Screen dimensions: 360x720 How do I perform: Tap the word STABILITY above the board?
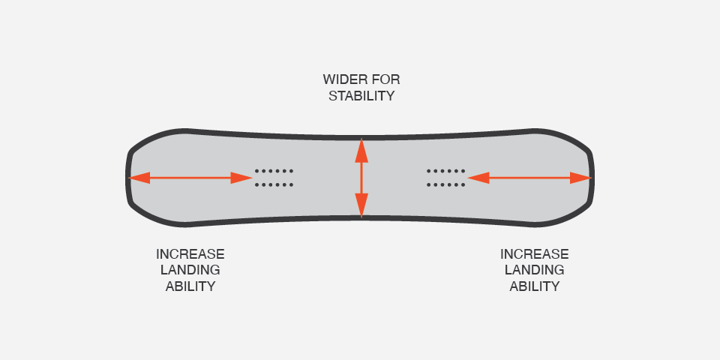click(x=361, y=96)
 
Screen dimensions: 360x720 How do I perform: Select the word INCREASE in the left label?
click(x=190, y=254)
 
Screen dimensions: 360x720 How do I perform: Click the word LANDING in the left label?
click(x=190, y=270)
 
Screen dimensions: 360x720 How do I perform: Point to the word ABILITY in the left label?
click(x=190, y=286)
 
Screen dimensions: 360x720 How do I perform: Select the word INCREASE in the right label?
click(x=535, y=254)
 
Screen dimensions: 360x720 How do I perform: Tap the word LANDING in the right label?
click(x=535, y=270)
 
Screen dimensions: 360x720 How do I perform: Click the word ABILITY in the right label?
click(x=535, y=286)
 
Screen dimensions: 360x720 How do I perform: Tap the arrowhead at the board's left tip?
click(x=139, y=178)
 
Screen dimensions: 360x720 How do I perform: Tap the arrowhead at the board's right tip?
click(x=581, y=178)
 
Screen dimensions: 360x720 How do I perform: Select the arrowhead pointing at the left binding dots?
click(x=241, y=178)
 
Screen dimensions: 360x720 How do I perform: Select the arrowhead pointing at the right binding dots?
click(x=478, y=178)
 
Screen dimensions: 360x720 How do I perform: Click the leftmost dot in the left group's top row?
click(x=256, y=171)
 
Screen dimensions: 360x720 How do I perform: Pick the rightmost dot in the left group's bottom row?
click(x=291, y=184)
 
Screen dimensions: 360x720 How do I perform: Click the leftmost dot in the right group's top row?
click(x=429, y=171)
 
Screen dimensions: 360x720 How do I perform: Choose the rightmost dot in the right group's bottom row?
click(x=463, y=184)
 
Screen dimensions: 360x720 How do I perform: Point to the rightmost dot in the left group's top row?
click(x=291, y=171)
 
